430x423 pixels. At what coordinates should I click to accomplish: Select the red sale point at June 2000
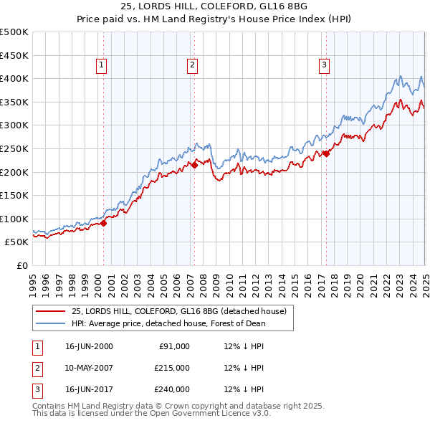103,223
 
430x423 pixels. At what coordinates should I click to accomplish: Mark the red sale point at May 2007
194,165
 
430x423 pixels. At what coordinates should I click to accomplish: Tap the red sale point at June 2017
326,153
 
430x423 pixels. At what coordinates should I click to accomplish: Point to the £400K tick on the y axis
14,78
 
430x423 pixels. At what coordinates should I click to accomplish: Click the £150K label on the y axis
14,195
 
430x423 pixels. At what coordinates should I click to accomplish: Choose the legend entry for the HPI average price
168,323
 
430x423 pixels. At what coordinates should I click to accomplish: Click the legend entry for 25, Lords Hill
178,311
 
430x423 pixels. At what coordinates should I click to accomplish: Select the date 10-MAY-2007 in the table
90,368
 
